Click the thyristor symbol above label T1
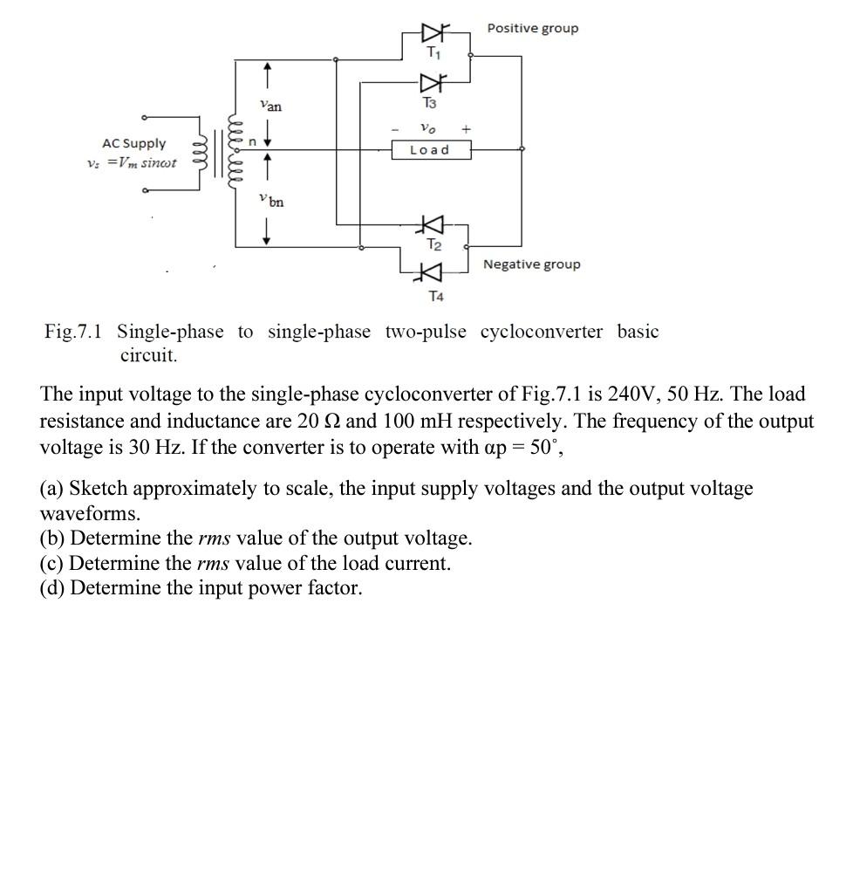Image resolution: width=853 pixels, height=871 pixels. (x=433, y=33)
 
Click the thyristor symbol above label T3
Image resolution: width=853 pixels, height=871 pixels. (x=431, y=84)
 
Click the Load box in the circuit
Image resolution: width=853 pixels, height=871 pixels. (x=430, y=150)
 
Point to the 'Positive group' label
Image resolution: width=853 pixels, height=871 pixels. (x=532, y=29)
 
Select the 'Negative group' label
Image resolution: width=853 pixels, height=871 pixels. (x=531, y=264)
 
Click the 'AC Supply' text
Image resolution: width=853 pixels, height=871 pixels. (x=133, y=144)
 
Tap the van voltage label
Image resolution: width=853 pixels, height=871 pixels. (x=270, y=106)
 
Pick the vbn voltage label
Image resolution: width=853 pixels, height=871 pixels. (x=271, y=201)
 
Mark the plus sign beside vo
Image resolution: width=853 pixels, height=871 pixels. (x=466, y=128)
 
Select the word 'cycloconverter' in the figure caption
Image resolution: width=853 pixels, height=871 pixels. (x=541, y=332)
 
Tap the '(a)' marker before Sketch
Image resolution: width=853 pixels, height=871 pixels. (x=52, y=489)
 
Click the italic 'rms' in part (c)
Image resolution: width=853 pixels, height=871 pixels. (x=213, y=563)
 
